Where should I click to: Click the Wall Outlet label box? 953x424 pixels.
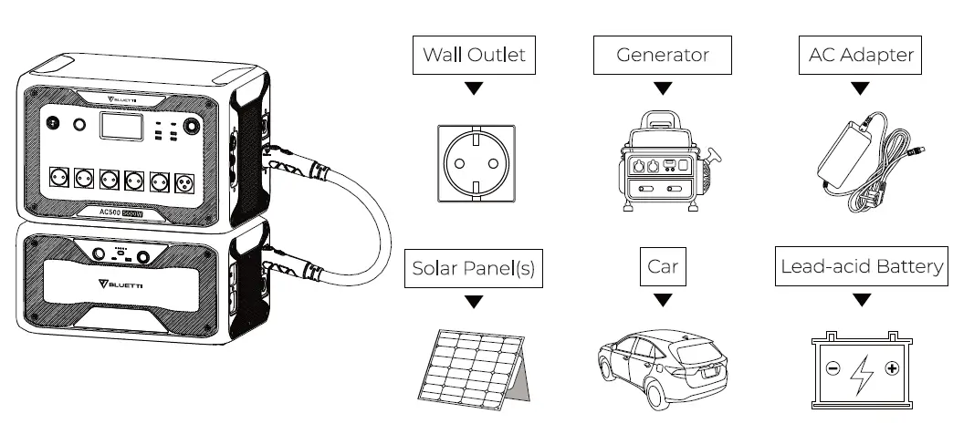coord(473,55)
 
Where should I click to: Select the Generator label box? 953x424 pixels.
coord(663,55)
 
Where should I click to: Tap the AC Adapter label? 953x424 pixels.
coord(860,55)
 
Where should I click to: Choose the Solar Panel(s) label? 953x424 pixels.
coord(473,268)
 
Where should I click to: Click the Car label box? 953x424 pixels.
coord(663,268)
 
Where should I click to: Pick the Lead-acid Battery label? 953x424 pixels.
coord(861,267)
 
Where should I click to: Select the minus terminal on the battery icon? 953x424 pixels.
coord(833,368)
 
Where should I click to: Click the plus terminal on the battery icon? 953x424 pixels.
coord(892,368)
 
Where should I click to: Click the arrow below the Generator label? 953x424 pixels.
coord(663,88)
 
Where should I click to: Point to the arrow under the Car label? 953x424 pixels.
coord(663,300)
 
